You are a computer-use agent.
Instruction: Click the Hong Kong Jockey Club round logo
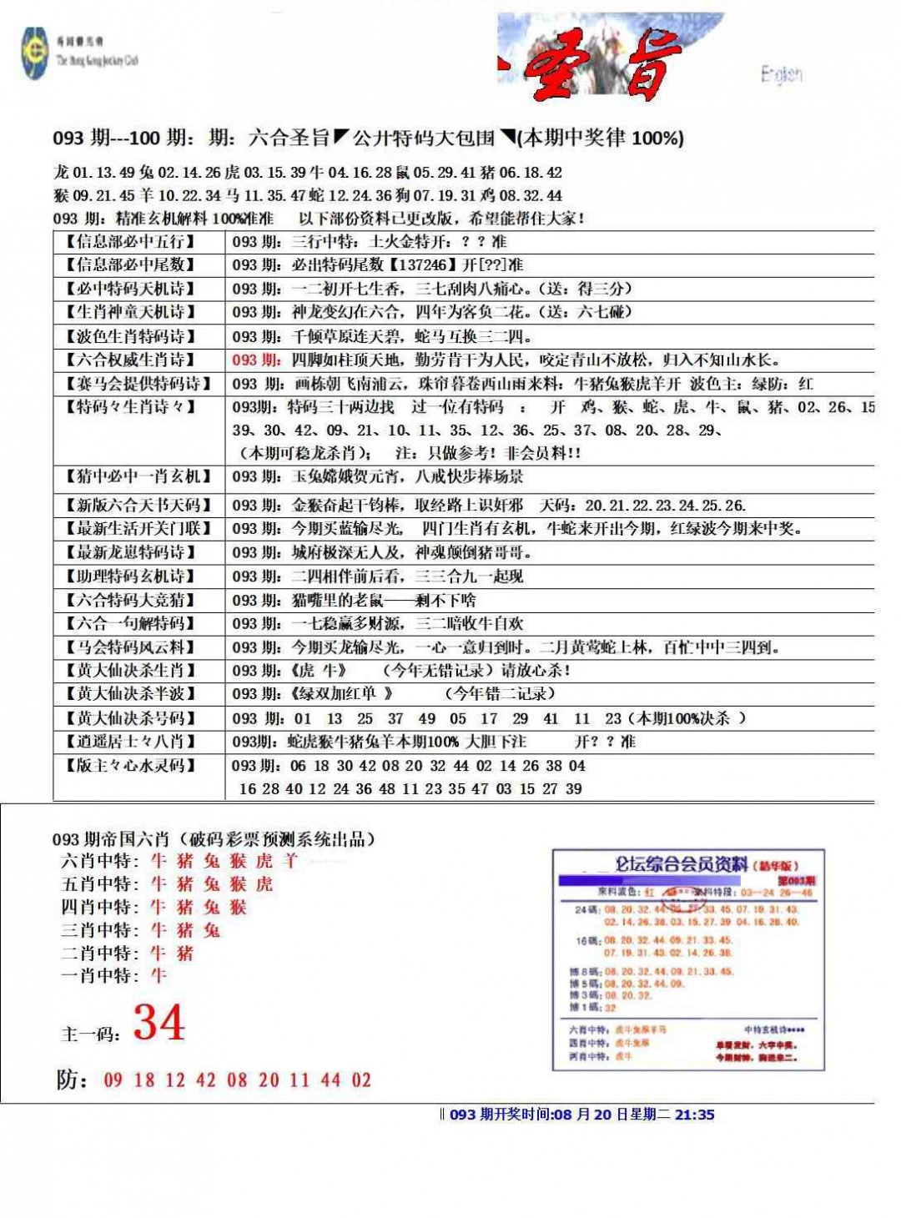pos(35,53)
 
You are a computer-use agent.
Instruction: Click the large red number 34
pos(159,1023)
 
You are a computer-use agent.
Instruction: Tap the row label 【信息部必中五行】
pos(130,242)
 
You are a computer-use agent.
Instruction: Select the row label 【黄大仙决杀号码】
pos(130,718)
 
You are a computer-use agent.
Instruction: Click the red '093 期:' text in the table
pos(257,360)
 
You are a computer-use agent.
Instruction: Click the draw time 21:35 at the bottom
pos(694,1115)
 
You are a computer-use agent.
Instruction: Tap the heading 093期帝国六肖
pos(110,839)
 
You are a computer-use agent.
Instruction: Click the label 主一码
pos(91,1034)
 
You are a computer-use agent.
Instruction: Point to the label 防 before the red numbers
pos(71,1080)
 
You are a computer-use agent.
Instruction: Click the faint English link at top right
pos(782,75)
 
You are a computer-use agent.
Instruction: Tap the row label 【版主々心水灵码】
pos(130,766)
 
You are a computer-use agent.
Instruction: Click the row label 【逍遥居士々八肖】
pos(130,742)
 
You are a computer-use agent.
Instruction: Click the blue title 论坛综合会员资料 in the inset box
pos(681,864)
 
